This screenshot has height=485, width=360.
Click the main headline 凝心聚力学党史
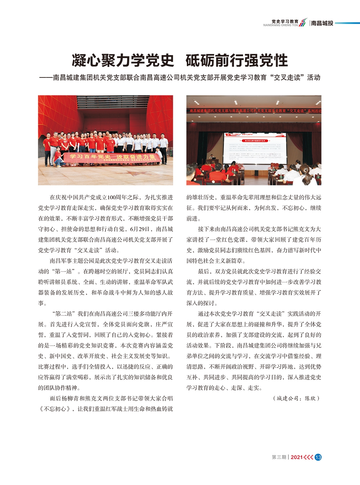pyautogui.click(x=123, y=60)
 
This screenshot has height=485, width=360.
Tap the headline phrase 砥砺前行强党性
pyautogui.click(x=237, y=60)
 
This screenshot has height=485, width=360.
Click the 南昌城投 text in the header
pyautogui.click(x=322, y=23)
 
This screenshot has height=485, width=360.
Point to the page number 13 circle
pyautogui.click(x=318, y=457)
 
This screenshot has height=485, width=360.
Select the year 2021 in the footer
pyautogui.click(x=297, y=457)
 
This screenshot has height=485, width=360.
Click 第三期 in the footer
pyautogui.click(x=279, y=457)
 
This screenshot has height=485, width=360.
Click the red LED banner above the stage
pyautogui.click(x=254, y=111)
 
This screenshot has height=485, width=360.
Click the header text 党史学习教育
pyautogui.click(x=285, y=21)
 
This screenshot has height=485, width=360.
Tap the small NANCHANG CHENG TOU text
pyautogui.click(x=280, y=25)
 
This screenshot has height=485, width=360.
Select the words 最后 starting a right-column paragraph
pyautogui.click(x=203, y=271)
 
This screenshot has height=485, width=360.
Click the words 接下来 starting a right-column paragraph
pyautogui.click(x=206, y=229)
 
